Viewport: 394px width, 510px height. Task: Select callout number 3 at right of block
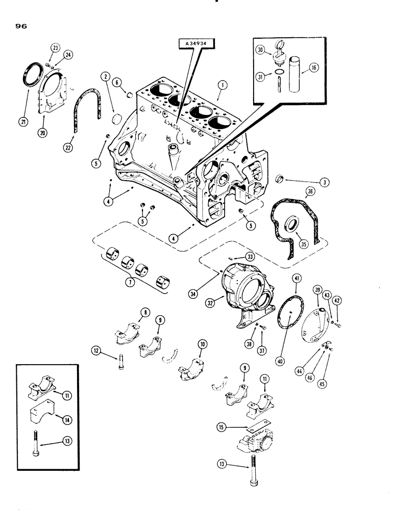point(310,181)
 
